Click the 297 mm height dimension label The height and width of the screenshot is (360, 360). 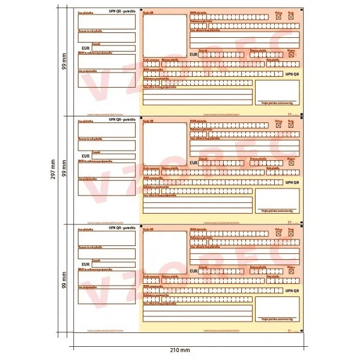[x=52, y=170]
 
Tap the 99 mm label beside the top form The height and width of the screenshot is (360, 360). [x=65, y=62]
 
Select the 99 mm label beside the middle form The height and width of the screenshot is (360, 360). [x=65, y=170]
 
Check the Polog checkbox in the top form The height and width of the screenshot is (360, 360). [x=278, y=18]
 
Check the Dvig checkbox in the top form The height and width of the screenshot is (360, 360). [x=291, y=18]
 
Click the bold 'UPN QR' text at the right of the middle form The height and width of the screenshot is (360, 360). [x=292, y=182]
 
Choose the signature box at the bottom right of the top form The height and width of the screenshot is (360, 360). [x=277, y=92]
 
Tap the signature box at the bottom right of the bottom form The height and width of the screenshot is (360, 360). [x=277, y=308]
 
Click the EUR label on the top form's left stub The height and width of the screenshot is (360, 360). [x=85, y=47]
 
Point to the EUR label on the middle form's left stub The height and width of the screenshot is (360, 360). [x=85, y=155]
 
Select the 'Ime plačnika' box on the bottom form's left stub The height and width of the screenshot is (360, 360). [x=107, y=238]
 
